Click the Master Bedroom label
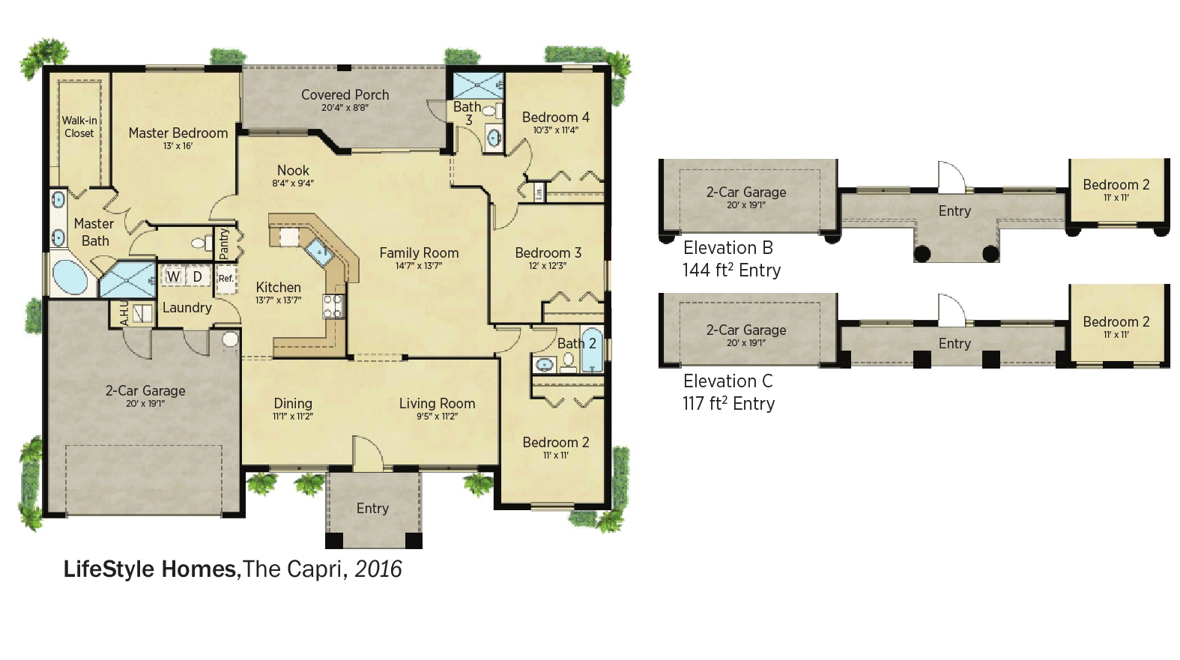point(178,133)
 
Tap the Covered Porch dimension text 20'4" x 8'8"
point(345,107)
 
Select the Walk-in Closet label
point(79,127)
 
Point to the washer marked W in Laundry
point(173,276)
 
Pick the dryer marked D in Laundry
point(198,276)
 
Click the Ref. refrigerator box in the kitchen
point(226,278)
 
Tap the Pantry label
point(223,243)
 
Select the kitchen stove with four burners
point(333,306)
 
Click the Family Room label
point(419,252)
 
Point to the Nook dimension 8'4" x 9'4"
point(293,184)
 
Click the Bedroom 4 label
point(555,117)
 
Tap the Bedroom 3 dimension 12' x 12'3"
point(548,266)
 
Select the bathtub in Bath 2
point(592,348)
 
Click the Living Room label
point(437,404)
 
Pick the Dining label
point(293,404)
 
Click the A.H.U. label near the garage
point(124,313)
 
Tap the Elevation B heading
point(728,247)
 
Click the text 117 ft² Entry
point(728,404)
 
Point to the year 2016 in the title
point(378,569)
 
